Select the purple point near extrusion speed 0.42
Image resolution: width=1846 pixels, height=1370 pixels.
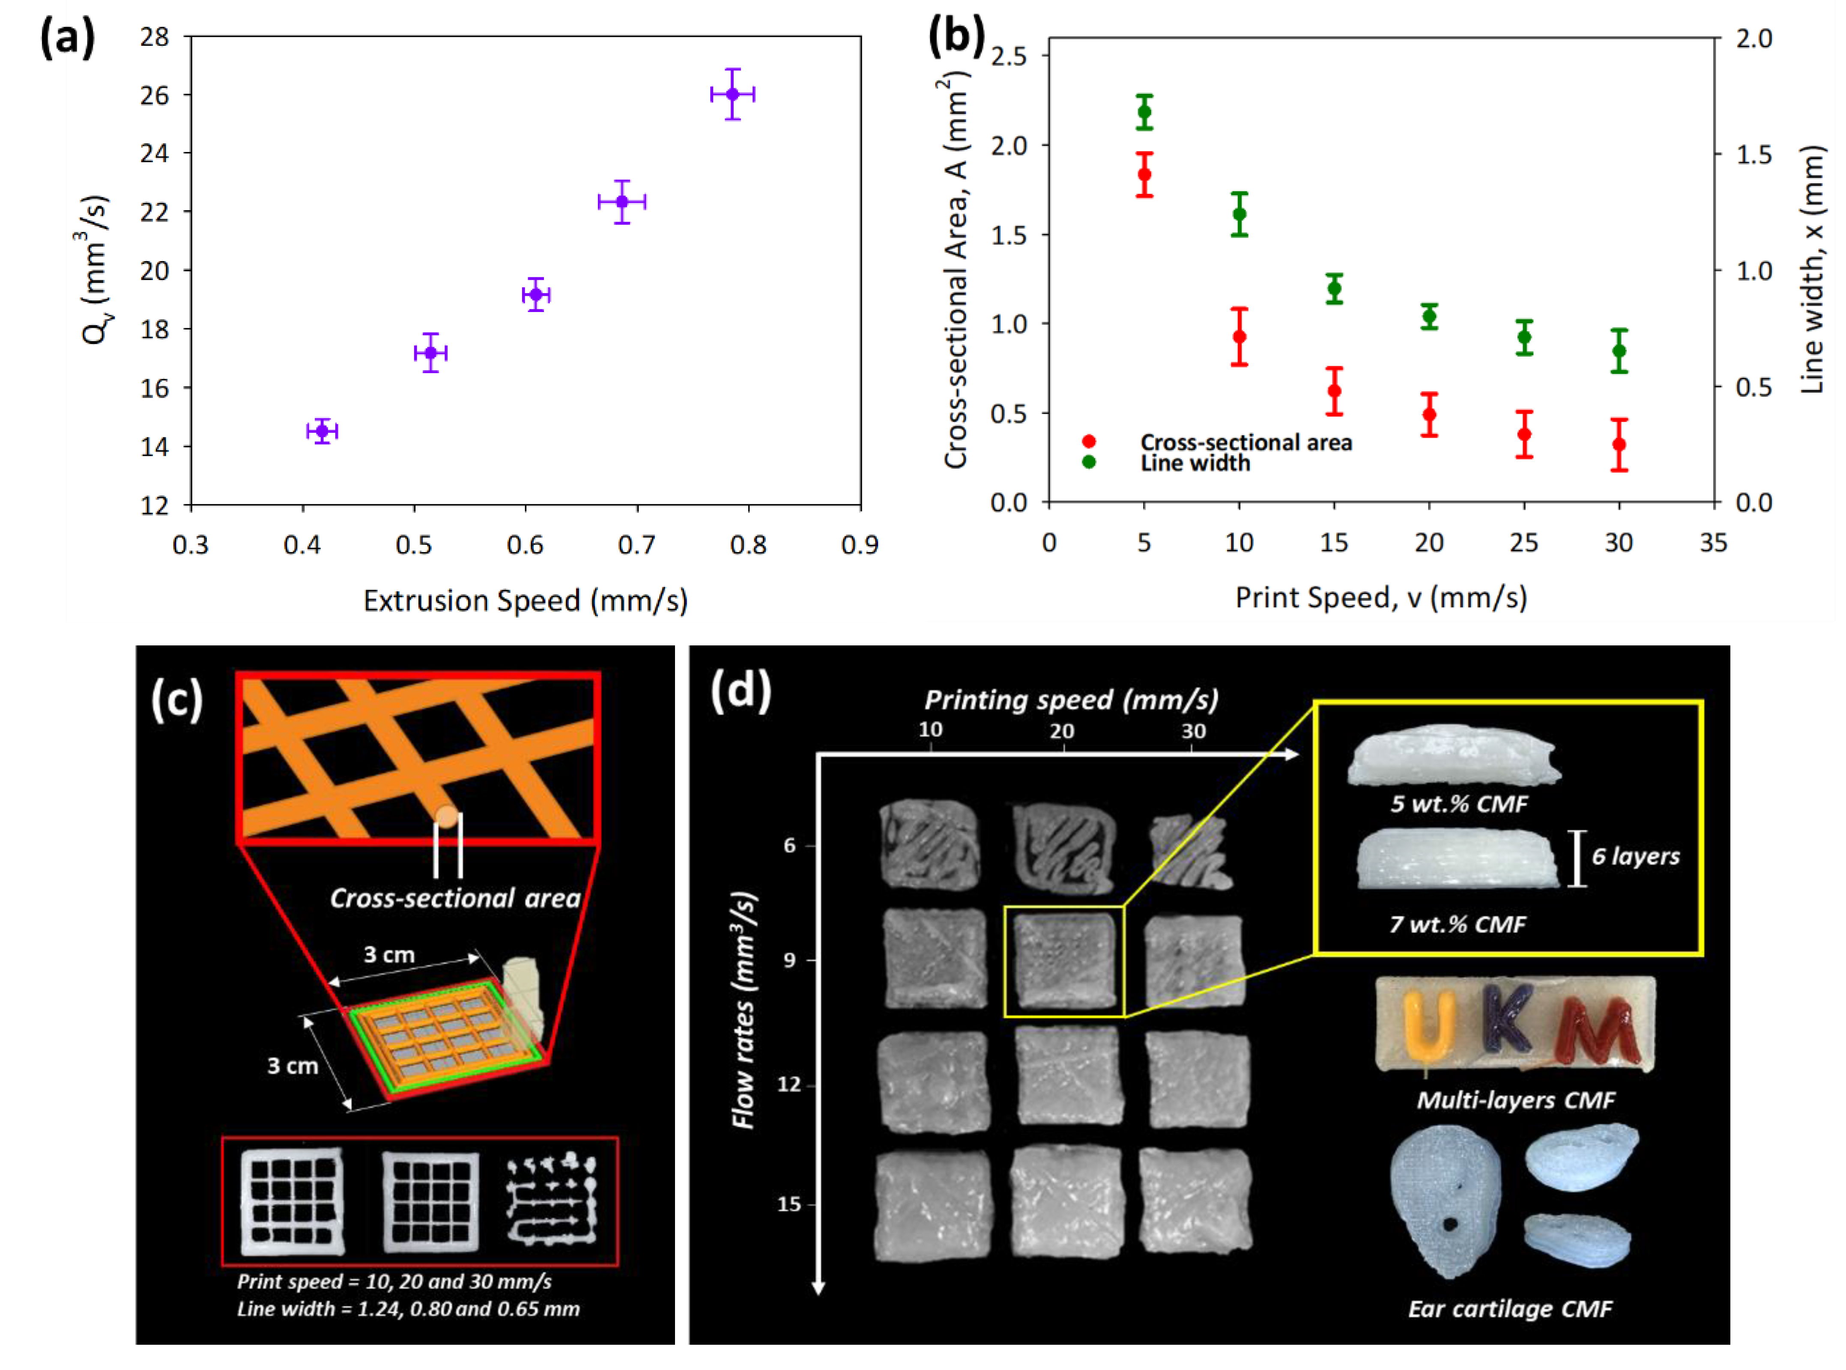323,431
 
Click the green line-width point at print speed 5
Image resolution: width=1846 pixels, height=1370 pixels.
1145,112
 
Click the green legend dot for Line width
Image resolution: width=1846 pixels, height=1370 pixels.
1089,462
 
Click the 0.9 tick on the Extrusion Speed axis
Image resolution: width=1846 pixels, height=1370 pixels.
860,545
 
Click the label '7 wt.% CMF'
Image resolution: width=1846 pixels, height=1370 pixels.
1458,924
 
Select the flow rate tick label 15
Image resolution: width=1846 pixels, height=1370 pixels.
789,1204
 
